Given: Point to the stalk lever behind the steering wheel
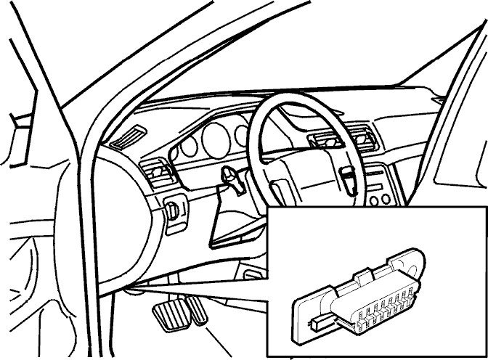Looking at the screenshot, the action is [231, 176].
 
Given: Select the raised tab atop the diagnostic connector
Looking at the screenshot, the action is [363, 276].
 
